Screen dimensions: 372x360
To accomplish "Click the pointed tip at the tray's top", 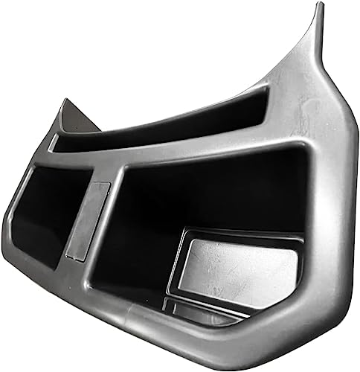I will click(320, 7).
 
